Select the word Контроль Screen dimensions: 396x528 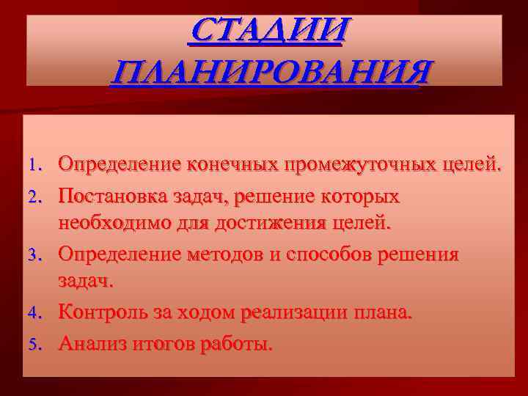104,312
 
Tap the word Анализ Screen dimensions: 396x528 92,342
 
